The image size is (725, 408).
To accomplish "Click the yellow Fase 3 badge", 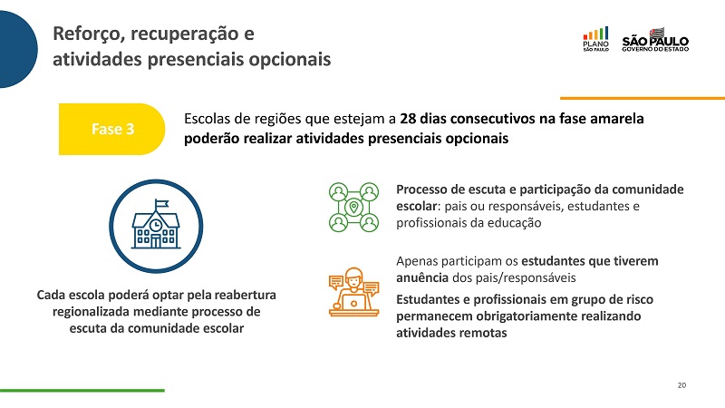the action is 111,129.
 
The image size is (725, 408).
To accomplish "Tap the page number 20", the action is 681,385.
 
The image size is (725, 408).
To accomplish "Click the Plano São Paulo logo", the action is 595,39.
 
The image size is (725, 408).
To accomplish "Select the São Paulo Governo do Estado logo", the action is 655,40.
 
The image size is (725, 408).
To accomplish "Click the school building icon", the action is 156,226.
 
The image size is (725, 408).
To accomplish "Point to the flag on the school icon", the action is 162,203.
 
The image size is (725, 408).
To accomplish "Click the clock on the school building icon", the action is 156,225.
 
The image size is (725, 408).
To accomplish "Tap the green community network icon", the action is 353,207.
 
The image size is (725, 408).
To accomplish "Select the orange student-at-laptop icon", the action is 353,292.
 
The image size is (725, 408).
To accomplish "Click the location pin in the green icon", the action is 353,207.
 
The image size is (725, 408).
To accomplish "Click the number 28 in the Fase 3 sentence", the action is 407,119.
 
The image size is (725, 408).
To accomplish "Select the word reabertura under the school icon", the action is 245,296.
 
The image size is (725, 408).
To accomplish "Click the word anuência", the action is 422,278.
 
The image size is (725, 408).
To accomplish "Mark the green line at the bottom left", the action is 82,391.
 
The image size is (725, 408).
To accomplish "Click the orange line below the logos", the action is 643,98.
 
